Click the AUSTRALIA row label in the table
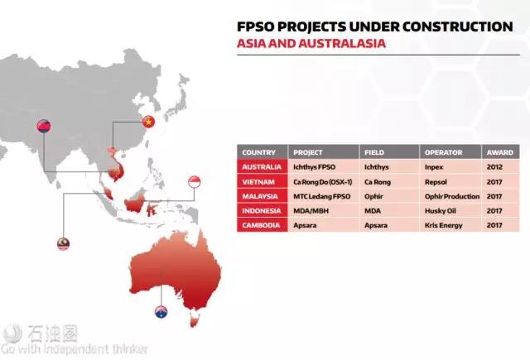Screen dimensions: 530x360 coord(262,167)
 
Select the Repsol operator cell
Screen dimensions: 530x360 coord(436,182)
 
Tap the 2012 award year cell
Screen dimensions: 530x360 coord(494,167)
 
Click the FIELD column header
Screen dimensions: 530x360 coord(374,152)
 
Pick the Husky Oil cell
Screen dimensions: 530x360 coord(441,211)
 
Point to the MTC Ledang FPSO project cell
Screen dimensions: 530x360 coord(322,196)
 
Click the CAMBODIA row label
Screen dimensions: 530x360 coord(261,225)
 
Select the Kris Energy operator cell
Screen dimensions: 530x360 coord(444,225)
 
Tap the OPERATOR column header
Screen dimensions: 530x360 coord(444,152)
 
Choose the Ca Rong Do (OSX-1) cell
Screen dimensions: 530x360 coord(322,182)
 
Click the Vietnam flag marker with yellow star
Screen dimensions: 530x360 coord(148,122)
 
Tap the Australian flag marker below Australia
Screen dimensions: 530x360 coord(161,312)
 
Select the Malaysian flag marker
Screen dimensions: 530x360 coord(63,244)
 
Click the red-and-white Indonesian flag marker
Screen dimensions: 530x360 coord(195,182)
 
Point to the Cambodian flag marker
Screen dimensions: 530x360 coord(44,126)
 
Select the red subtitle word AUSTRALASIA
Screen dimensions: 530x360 coord(342,43)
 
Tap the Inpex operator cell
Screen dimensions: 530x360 coord(434,167)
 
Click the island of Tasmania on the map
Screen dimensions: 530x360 coord(195,319)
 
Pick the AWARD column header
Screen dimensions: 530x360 coord(500,152)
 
